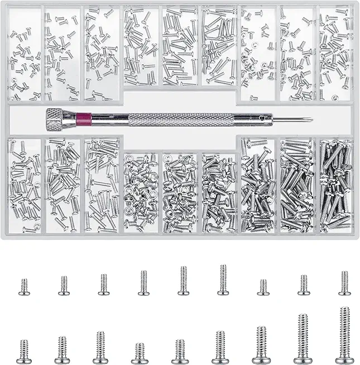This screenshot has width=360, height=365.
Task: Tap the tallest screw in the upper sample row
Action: coord(222,280)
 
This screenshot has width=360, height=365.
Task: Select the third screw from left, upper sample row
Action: coord(103,284)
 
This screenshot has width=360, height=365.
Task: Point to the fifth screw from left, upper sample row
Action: coord(183,281)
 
